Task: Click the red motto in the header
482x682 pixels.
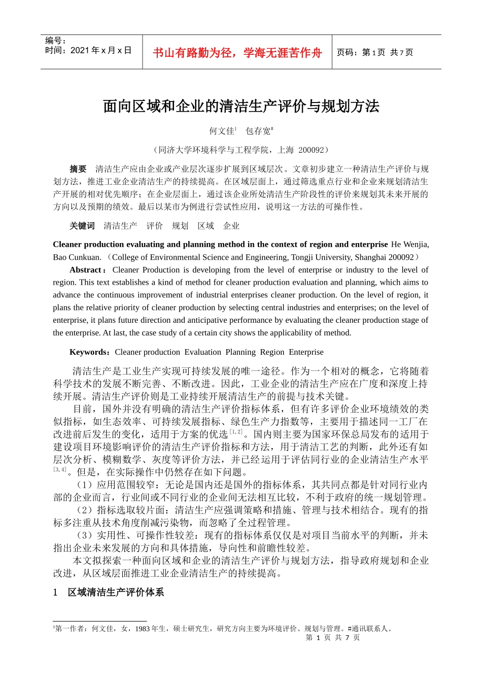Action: pyautogui.click(x=237, y=53)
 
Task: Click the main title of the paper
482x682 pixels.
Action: pyautogui.click(x=241, y=106)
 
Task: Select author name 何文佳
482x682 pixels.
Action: pyautogui.click(x=222, y=131)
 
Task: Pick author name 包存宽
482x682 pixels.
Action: pyautogui.click(x=258, y=131)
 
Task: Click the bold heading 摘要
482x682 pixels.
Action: pyautogui.click(x=78, y=169)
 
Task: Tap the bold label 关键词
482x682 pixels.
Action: pyautogui.click(x=82, y=226)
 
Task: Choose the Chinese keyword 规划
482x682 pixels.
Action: pyautogui.click(x=180, y=226)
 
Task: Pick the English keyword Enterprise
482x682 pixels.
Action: pyautogui.click(x=306, y=352)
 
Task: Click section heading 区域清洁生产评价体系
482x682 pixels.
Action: pyautogui.click(x=116, y=592)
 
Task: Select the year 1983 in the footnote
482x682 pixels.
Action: pyautogui.click(x=143, y=629)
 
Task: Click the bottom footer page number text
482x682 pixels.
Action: pyautogui.click(x=333, y=637)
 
